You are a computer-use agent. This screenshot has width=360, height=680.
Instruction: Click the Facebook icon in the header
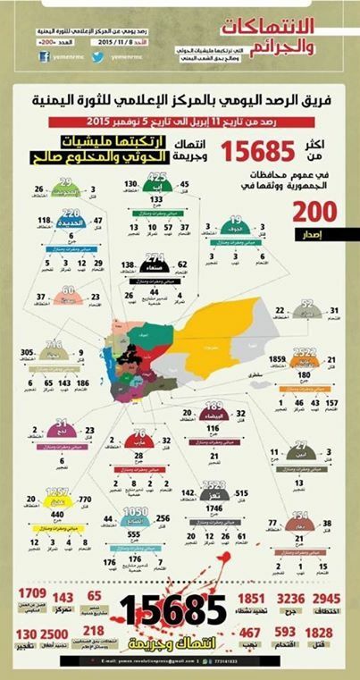pos(43,55)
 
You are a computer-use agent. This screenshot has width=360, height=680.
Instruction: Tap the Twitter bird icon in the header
pos(93,55)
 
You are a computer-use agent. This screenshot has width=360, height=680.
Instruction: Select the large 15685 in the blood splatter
pos(175,610)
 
